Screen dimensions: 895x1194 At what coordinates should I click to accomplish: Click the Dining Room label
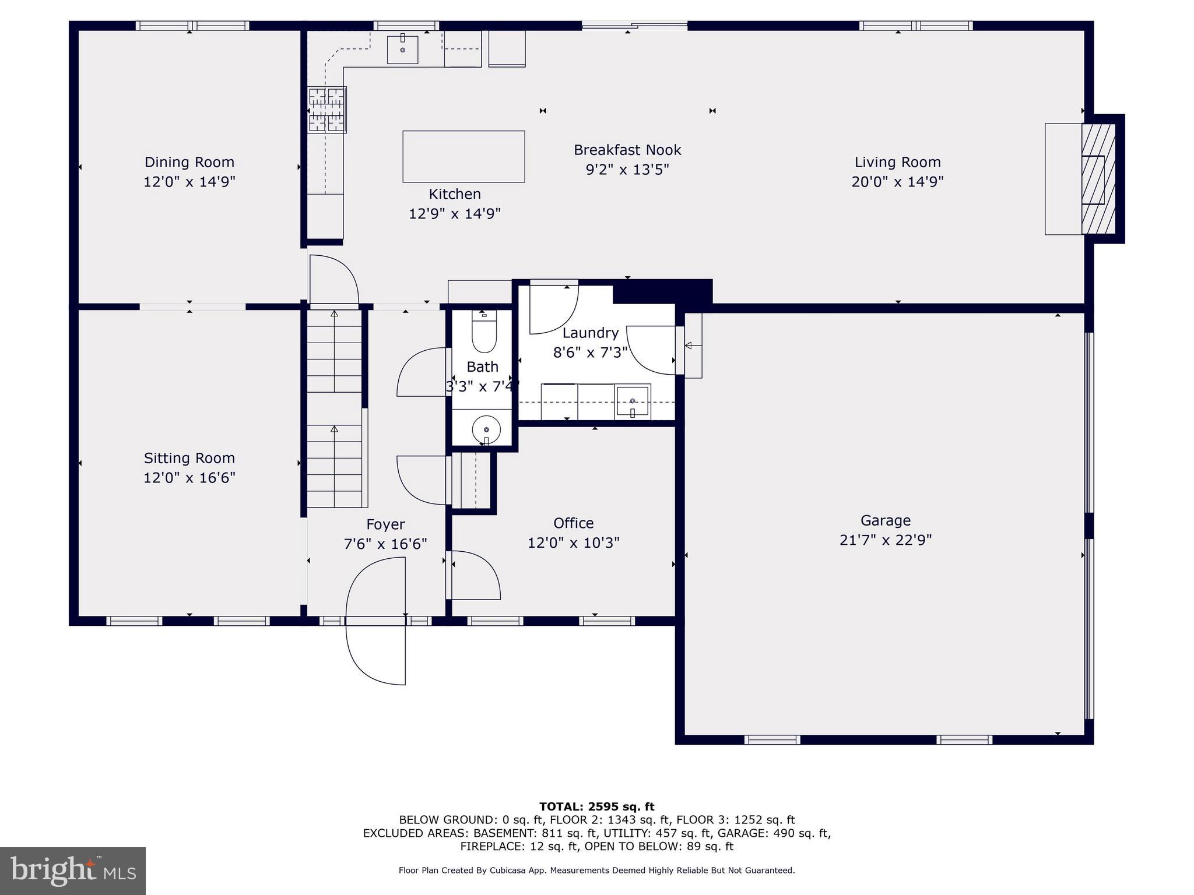point(189,162)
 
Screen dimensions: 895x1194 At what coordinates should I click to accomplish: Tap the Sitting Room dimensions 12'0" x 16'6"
point(189,478)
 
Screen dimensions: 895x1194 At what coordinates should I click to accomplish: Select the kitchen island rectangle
point(463,156)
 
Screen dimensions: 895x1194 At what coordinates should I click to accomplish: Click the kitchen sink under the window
point(403,50)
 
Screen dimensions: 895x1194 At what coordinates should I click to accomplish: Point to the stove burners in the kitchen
point(327,110)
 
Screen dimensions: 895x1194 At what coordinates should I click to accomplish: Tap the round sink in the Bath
point(486,430)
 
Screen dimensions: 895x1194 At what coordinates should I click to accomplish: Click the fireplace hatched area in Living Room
point(1098,179)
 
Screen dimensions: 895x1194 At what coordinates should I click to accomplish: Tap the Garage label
point(885,520)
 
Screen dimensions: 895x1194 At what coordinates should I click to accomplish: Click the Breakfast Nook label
point(627,150)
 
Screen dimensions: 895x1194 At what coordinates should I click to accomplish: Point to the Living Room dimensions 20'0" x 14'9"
point(897,182)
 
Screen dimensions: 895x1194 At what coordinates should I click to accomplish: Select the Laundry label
point(590,333)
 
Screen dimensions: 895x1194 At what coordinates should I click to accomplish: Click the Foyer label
point(385,524)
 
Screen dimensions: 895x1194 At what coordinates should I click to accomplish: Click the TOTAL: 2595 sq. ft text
point(596,807)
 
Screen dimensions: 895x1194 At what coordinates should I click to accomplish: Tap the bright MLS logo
point(73,871)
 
